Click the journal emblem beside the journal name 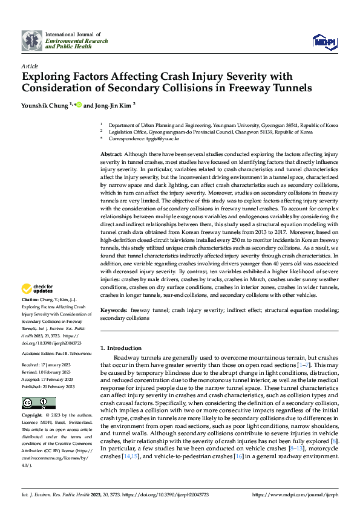(32, 41)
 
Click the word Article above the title (30, 66)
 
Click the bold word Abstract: (112, 155)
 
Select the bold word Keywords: (114, 310)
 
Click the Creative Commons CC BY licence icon (38, 403)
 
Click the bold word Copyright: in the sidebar (32, 416)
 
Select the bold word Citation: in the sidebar (30, 300)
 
